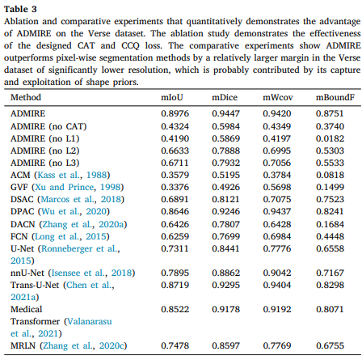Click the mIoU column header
point(172,97)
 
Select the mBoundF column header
point(335,97)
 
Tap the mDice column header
point(225,97)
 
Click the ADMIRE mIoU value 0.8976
point(175,113)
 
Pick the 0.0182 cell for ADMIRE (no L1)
point(330,138)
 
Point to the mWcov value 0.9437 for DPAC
point(277,211)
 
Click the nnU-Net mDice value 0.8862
point(225,273)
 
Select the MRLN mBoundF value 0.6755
point(330,345)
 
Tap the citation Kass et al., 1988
point(72,175)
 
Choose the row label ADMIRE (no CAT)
point(48,126)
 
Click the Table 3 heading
point(20,9)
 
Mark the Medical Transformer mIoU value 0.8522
point(175,309)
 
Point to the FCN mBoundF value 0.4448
point(330,236)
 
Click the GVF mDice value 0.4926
point(225,187)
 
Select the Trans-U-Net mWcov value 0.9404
point(277,285)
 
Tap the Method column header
point(26,97)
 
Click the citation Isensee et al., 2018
point(91,273)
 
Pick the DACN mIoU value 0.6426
point(175,224)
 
